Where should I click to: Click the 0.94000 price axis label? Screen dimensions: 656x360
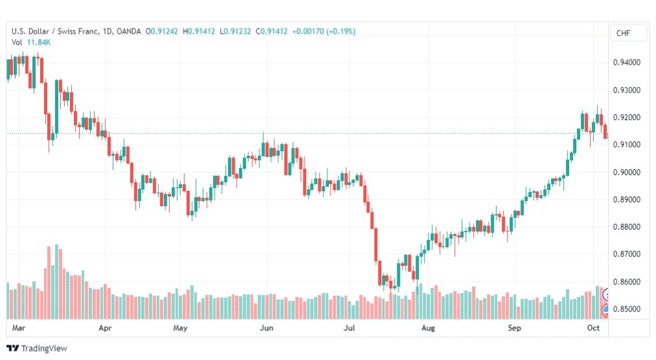(626, 62)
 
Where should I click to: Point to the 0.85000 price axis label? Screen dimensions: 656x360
(626, 309)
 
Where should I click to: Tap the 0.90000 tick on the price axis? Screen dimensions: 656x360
(626, 172)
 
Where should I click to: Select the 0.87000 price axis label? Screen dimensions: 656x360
(626, 254)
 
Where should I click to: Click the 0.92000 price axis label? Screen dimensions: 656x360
(626, 117)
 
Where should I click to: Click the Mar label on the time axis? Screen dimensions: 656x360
(18, 328)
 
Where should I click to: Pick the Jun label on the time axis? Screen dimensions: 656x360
(266, 328)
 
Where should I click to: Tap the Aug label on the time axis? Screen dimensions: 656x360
(428, 328)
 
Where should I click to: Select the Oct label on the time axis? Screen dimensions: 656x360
(593, 328)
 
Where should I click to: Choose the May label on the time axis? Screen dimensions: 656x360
(180, 328)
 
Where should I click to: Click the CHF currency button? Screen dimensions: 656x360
(623, 33)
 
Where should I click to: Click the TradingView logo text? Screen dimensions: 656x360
(44, 348)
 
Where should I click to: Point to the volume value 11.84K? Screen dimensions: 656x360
(38, 42)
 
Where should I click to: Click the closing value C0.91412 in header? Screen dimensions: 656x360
(272, 31)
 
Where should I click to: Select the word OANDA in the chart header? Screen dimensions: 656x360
(129, 31)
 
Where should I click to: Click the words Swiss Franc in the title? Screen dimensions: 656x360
(78, 31)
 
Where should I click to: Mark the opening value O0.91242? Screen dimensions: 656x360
(161, 31)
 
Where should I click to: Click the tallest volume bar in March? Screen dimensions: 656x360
(56, 282)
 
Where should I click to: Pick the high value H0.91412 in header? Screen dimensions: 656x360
(199, 31)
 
